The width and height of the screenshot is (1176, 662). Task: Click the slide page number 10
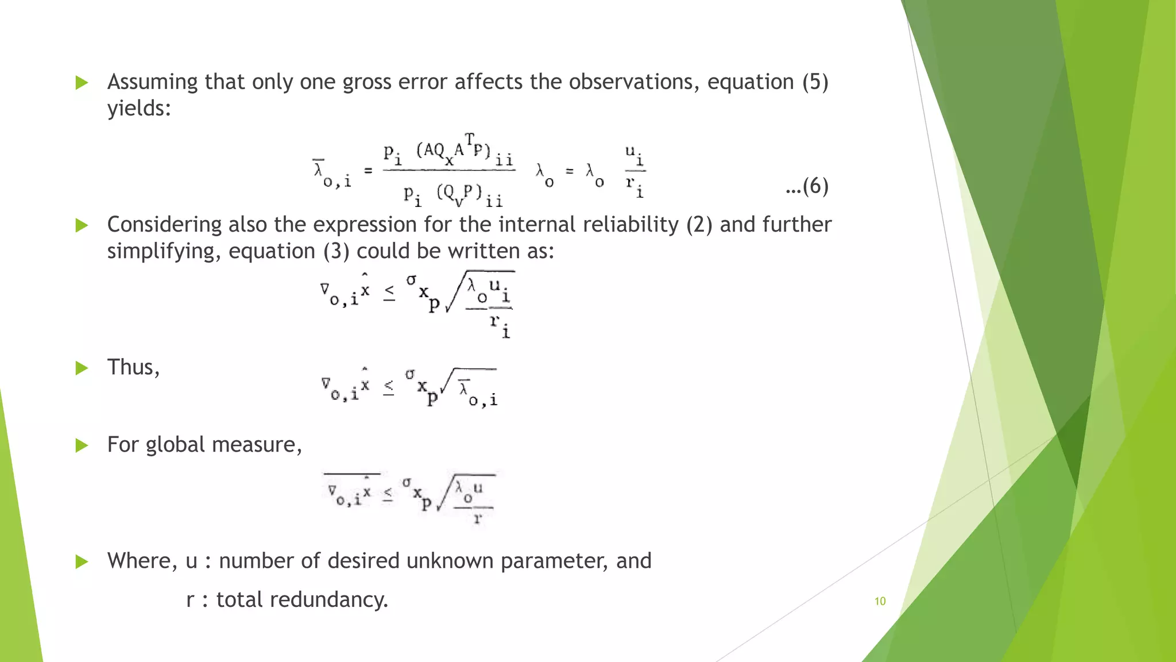tap(880, 601)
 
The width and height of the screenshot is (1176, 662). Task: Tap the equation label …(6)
tap(807, 186)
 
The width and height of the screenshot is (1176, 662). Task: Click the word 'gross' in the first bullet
tap(363, 82)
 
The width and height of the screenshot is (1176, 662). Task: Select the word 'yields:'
tap(139, 108)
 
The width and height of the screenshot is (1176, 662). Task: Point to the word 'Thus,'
tap(133, 367)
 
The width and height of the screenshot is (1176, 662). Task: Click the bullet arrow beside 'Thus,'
tap(82, 368)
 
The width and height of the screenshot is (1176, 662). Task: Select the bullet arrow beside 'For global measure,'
tap(82, 445)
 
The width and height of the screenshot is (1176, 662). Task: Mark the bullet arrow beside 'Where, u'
tap(82, 561)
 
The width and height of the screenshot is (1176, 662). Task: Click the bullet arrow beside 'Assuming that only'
tap(82, 83)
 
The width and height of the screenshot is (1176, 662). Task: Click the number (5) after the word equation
tap(815, 82)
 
